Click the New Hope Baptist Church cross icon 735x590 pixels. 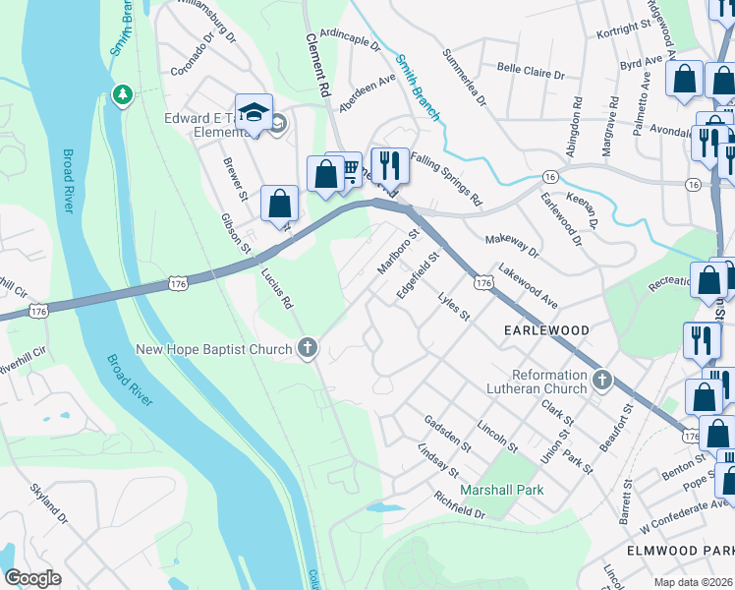pos(308,348)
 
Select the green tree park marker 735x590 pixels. pos(123,95)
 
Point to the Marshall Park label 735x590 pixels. pos(502,490)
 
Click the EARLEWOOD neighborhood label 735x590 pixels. pos(546,329)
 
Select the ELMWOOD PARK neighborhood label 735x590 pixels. pos(678,551)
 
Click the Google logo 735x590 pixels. pos(32,577)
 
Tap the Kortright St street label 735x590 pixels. pos(625,32)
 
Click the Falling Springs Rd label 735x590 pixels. pos(447,178)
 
